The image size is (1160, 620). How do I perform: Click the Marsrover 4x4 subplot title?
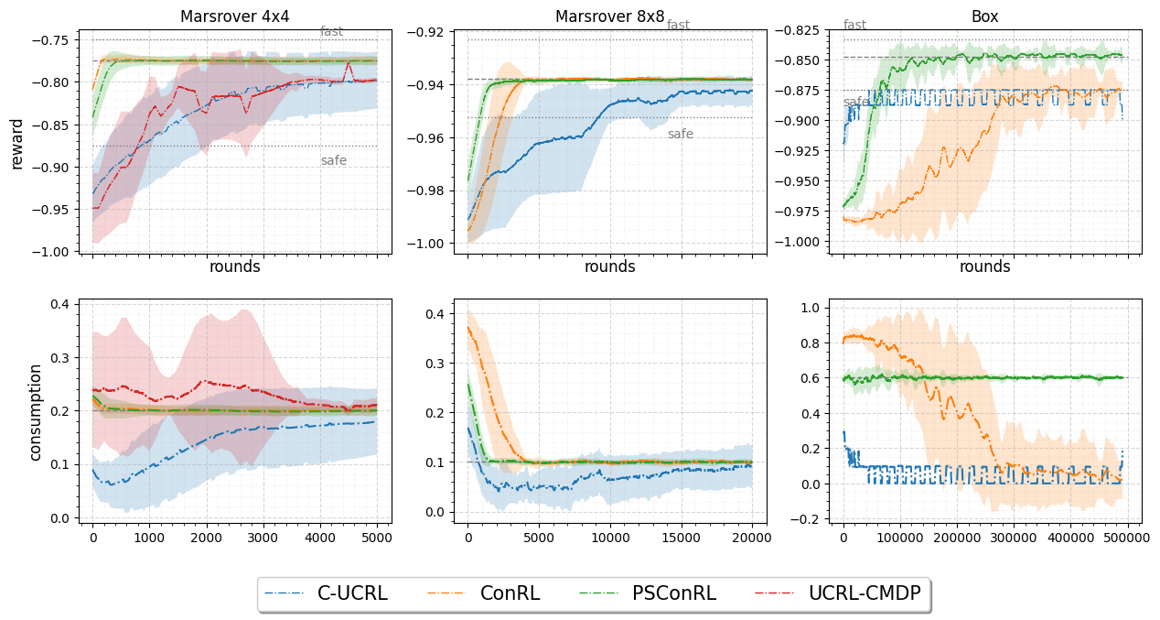(235, 16)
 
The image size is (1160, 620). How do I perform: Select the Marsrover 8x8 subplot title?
(610, 16)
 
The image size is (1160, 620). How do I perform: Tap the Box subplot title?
(985, 16)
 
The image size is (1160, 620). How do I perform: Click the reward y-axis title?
(17, 144)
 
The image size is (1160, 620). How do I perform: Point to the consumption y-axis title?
(36, 412)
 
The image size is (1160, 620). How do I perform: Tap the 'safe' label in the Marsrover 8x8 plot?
(680, 135)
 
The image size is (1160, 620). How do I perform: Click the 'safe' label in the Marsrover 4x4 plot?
(333, 161)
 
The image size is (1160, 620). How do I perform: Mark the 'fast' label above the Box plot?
(854, 25)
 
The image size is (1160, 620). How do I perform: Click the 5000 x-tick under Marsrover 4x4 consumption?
(377, 539)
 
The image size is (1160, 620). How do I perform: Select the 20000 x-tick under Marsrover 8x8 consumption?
(752, 539)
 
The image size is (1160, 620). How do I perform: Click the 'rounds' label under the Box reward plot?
(985, 266)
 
